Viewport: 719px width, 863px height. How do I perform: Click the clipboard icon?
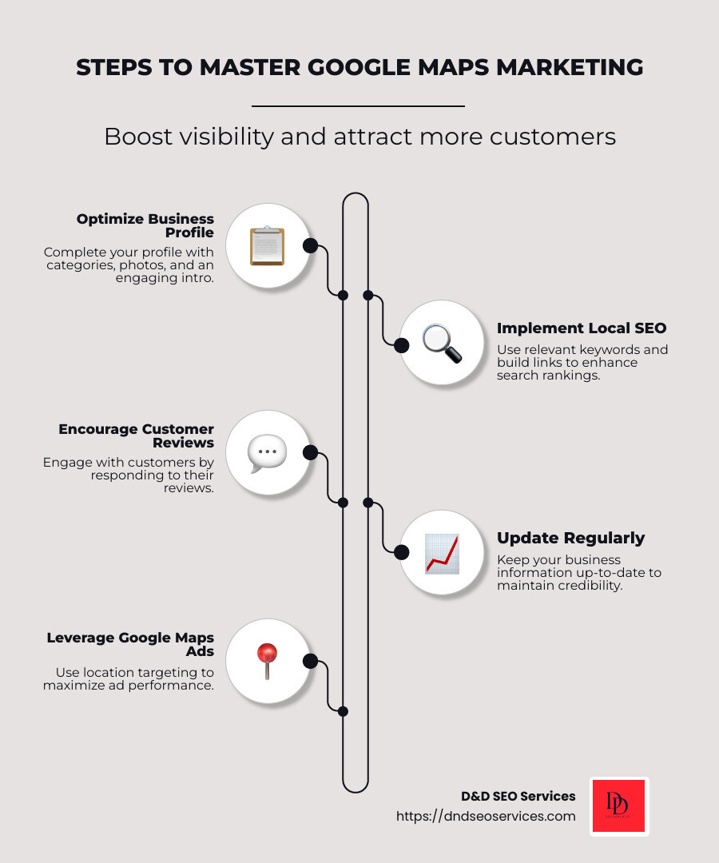coord(267,245)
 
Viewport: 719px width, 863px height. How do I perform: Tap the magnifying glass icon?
coord(442,344)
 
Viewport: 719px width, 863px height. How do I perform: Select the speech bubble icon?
coord(267,453)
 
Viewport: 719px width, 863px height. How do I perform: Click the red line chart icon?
coord(442,553)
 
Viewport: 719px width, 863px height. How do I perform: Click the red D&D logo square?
coord(619,806)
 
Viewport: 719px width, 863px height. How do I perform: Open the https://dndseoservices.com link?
coord(486,816)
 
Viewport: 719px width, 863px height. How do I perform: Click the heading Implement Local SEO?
coord(581,328)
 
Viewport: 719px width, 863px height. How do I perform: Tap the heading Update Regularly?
coord(570,538)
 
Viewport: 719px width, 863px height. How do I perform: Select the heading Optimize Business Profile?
coord(145,225)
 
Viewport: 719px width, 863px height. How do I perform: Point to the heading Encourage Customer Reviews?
coord(137,435)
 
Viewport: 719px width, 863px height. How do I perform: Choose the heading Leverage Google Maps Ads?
coord(130,644)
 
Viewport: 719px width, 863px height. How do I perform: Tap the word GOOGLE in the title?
coord(348,68)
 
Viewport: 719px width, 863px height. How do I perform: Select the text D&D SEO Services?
coord(518,796)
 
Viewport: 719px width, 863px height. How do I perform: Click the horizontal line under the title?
coord(358,105)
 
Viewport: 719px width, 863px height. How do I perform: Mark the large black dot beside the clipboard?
coord(311,245)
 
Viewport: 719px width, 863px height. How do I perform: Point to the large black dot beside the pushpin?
coord(311,661)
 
